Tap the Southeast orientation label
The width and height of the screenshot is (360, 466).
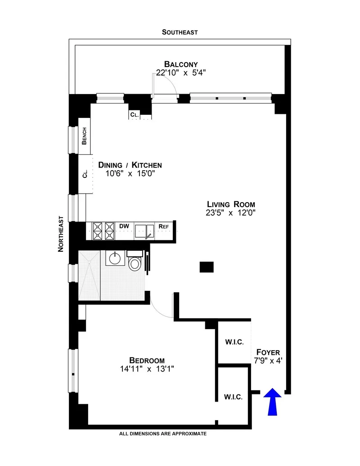coord(180,32)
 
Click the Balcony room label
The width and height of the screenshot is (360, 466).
coord(180,64)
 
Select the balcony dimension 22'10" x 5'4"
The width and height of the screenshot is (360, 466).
coord(180,72)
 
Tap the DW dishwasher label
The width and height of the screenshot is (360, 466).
coord(124,226)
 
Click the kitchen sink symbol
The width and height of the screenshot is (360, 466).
coord(144,231)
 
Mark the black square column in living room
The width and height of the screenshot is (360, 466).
coord(207,267)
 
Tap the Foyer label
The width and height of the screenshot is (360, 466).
coord(268,352)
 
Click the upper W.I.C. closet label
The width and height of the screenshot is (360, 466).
coord(234,342)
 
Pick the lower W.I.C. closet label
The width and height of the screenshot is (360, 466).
coord(233,397)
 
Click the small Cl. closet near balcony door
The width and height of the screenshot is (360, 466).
coord(134,115)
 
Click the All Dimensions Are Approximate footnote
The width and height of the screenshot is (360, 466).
coord(162,434)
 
